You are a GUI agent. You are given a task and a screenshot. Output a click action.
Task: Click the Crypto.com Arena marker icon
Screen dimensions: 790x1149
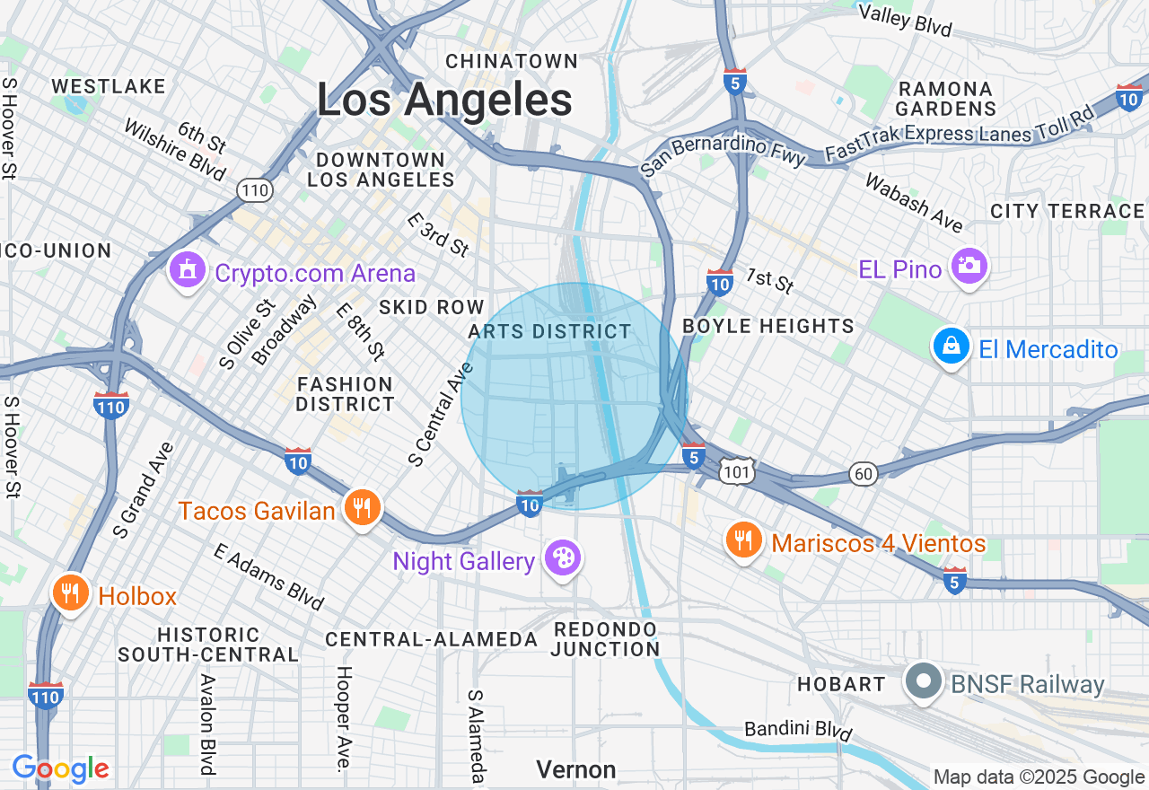point(187,270)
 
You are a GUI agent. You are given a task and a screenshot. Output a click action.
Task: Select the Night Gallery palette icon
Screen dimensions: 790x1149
point(563,559)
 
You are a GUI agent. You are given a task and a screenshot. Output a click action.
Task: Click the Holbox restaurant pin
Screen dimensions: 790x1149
point(70,594)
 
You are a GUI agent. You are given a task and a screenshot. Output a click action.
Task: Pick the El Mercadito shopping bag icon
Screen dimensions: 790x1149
point(951,347)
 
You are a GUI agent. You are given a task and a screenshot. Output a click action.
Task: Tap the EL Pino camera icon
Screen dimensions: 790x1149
point(969,267)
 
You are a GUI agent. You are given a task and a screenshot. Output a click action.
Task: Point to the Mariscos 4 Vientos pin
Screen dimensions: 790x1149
point(743,541)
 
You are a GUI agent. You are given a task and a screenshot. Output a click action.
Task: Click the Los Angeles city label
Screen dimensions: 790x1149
point(444,100)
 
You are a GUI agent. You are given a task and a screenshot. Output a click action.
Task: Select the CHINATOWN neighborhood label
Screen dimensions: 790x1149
point(512,61)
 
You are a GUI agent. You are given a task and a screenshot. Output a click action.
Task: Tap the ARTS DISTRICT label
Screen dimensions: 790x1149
point(550,331)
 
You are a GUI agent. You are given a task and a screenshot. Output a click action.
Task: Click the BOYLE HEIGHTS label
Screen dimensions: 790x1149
point(768,326)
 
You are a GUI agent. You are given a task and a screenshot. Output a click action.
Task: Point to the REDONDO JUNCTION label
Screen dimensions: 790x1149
point(606,638)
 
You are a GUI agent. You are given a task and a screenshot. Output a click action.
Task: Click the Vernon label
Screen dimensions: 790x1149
point(576,769)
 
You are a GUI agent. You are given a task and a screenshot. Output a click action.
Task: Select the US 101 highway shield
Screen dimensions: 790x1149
point(736,472)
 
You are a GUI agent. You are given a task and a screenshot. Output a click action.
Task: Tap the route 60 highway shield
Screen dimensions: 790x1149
point(863,475)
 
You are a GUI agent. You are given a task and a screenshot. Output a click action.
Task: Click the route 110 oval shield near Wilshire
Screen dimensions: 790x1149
point(255,189)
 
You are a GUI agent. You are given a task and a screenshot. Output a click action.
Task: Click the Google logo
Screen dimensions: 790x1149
point(60,768)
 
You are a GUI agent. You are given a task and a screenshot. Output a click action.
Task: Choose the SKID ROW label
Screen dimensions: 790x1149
point(432,307)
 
